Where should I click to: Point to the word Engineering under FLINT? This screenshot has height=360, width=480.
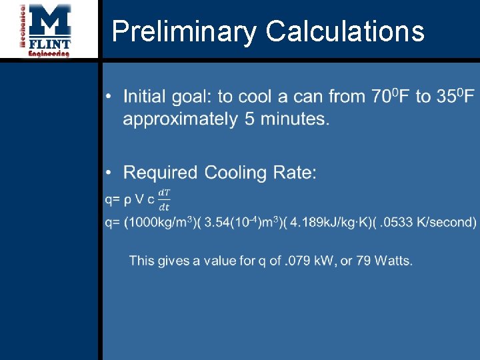click(49, 54)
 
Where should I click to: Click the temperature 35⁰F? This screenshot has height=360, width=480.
click(455, 97)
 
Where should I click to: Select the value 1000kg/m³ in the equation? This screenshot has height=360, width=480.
click(162, 222)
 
